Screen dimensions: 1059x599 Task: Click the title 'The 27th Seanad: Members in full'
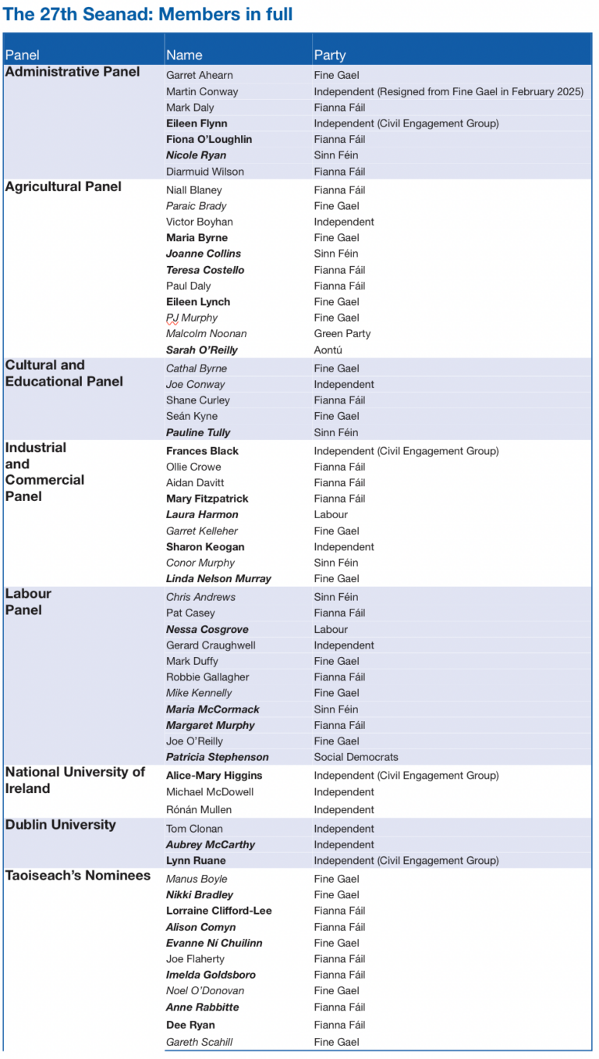(x=148, y=14)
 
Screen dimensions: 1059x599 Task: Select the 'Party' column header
(x=330, y=55)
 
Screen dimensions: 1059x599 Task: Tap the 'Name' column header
(x=184, y=55)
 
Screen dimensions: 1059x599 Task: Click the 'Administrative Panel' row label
(x=73, y=72)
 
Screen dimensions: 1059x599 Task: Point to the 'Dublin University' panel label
(x=61, y=825)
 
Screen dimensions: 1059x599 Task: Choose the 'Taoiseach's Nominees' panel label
(x=78, y=876)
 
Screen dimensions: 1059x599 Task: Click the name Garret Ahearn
(x=200, y=75)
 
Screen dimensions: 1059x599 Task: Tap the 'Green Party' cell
(x=342, y=333)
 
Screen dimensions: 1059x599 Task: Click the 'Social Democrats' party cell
(x=356, y=757)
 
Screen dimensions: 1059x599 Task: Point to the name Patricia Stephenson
(x=218, y=757)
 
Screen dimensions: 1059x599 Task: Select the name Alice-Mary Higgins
(x=214, y=776)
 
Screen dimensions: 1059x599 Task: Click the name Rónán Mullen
(x=199, y=809)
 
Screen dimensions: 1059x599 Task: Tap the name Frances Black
(x=202, y=450)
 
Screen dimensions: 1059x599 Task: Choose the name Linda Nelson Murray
(x=218, y=578)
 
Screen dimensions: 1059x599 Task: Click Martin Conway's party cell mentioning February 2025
(x=448, y=91)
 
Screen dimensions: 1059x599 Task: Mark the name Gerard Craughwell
(x=211, y=645)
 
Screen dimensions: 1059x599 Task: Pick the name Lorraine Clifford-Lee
(x=219, y=911)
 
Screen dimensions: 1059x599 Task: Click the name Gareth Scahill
(x=200, y=1042)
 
